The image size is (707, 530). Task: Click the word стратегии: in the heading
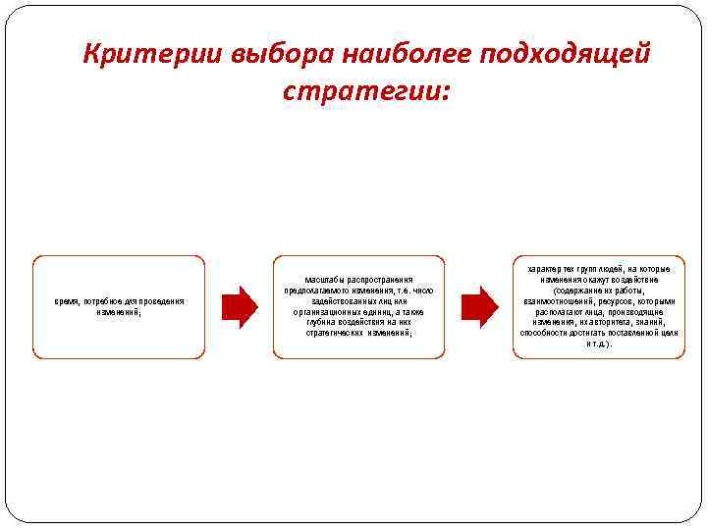point(366,91)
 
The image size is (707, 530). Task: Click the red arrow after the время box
point(239,306)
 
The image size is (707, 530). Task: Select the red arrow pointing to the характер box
point(479,306)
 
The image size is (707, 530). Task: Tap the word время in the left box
point(67,300)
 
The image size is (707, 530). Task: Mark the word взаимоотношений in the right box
point(555,301)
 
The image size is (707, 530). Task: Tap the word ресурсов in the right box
point(616,301)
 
